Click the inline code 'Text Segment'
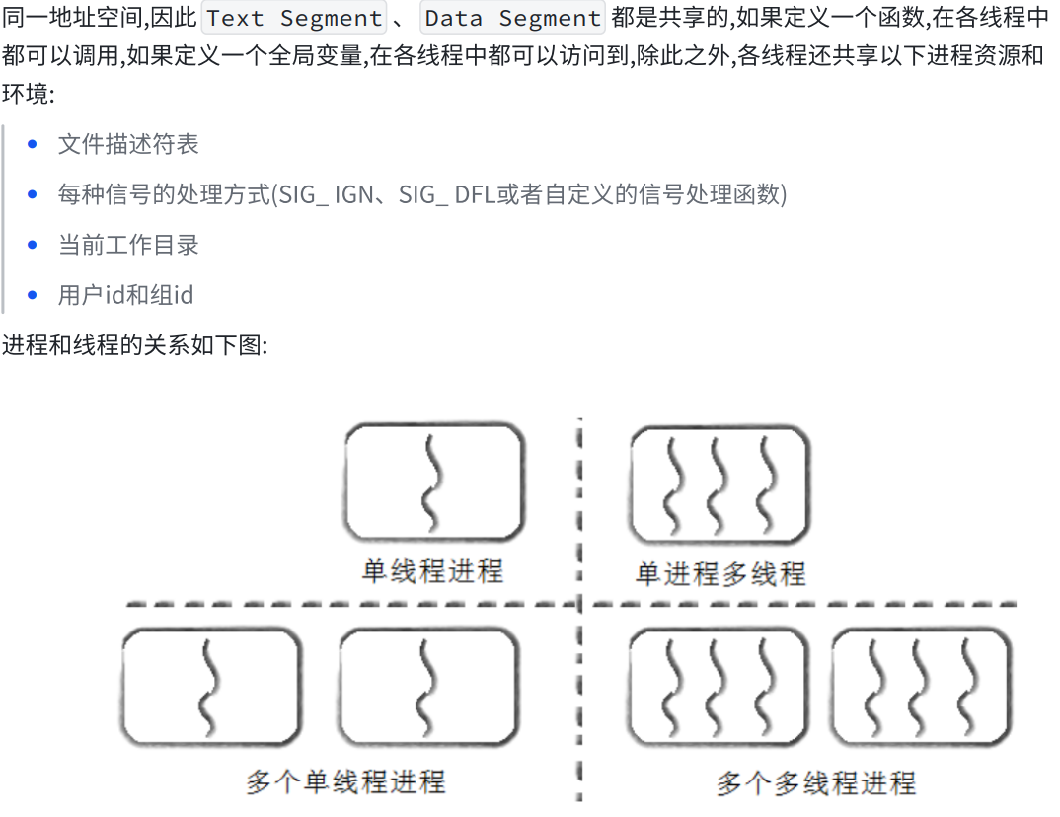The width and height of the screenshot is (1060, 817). [x=293, y=19]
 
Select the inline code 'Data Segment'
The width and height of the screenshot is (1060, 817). [x=512, y=19]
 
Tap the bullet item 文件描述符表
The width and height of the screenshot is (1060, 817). [x=128, y=144]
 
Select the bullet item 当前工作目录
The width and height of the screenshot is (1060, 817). [x=128, y=245]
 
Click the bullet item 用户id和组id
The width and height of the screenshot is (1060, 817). [x=125, y=295]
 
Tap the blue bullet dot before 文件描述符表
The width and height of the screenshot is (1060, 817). [x=33, y=145]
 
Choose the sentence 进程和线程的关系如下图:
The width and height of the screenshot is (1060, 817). [x=134, y=346]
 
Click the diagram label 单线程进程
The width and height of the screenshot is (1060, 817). [x=432, y=571]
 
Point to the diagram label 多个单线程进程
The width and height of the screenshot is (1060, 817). [x=345, y=782]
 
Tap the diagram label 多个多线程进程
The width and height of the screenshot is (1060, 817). [x=815, y=783]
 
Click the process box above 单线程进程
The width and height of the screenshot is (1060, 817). [x=433, y=481]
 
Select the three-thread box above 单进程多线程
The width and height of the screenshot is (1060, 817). [x=719, y=483]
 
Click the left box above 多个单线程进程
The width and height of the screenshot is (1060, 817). [x=210, y=687]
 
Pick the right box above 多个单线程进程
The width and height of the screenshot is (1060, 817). [x=428, y=687]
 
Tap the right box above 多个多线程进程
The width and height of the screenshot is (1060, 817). [x=921, y=687]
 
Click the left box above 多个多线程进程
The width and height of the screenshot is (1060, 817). [x=718, y=687]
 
